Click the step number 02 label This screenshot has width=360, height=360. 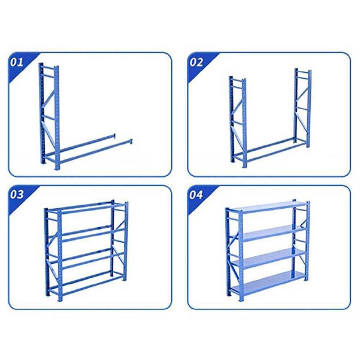point(196,62)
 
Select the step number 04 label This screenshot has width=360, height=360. point(196,195)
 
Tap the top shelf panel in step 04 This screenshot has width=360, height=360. point(266,207)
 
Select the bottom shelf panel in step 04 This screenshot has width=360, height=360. point(268,283)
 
